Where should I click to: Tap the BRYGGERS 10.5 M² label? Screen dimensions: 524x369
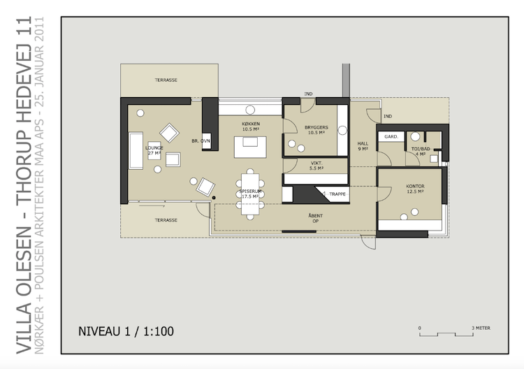tap(316, 130)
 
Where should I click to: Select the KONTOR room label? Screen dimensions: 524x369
tap(415, 189)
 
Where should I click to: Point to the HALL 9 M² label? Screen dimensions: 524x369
tap(363, 146)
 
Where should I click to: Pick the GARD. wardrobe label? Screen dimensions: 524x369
tap(391, 137)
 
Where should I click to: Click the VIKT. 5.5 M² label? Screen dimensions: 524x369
tap(316, 166)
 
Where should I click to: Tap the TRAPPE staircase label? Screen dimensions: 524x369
tap(337, 194)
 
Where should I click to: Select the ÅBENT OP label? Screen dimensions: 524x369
tap(316, 218)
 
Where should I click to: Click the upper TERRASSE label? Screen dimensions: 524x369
tap(166, 80)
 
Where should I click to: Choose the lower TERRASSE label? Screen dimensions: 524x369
tap(166, 220)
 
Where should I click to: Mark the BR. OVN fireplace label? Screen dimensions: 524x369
tap(201, 141)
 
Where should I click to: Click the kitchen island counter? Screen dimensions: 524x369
tap(250, 147)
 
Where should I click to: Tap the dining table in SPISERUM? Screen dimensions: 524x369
tap(250, 194)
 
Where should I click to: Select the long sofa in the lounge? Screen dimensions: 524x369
tap(136, 150)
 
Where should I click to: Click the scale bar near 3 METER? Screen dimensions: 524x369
tap(446, 335)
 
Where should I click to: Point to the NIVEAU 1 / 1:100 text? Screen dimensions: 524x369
tap(126, 331)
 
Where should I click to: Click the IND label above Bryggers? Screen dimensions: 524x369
tap(308, 94)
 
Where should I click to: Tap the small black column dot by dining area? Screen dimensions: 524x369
tap(214, 198)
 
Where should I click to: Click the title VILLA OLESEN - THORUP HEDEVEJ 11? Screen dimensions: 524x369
tap(24, 184)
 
